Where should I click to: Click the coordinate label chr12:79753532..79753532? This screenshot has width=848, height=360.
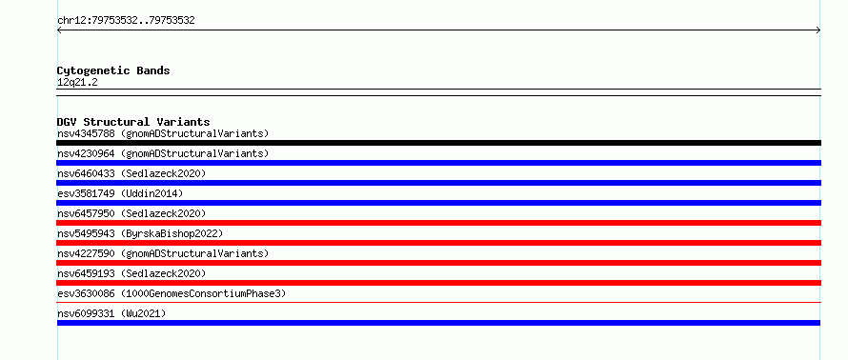tap(126, 21)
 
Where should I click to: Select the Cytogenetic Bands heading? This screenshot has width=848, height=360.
tap(113, 70)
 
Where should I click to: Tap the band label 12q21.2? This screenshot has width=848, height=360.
tap(77, 83)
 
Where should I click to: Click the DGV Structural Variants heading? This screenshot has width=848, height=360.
tap(133, 122)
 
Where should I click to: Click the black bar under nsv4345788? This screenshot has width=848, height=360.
tap(438, 143)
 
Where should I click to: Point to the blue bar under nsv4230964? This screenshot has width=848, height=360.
tap(438, 163)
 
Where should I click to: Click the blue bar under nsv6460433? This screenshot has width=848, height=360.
tap(438, 183)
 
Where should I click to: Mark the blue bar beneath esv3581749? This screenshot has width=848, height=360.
tap(438, 203)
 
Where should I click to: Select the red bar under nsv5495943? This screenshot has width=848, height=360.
tap(438, 243)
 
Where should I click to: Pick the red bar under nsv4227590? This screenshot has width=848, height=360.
tap(438, 263)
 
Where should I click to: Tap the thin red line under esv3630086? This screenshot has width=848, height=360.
tap(438, 303)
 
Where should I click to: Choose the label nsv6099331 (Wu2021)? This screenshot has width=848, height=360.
tap(111, 313)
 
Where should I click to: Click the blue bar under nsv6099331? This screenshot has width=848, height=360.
tap(438, 323)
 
